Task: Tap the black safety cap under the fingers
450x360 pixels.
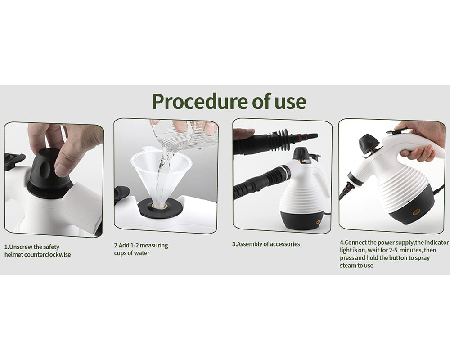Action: [48, 169]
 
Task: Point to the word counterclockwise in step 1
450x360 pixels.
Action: [49, 255]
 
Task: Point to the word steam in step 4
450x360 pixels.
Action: [348, 265]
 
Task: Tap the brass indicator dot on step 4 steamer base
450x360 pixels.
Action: [416, 211]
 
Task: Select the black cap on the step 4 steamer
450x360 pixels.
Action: [368, 143]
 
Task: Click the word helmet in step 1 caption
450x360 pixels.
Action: [14, 255]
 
